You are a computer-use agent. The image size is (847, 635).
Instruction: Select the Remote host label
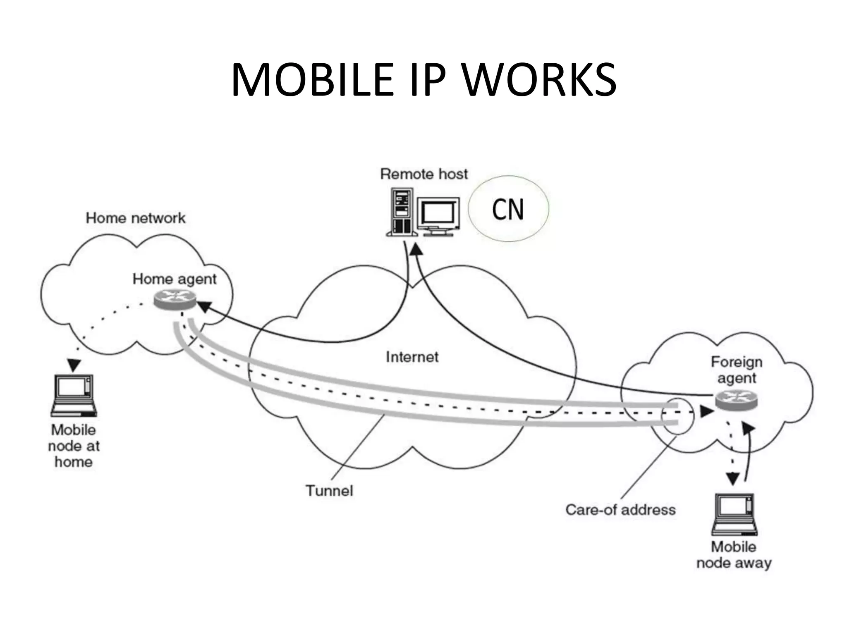[424, 174]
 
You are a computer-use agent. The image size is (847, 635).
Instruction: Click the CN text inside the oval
[508, 209]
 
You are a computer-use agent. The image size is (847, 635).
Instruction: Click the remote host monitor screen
[438, 214]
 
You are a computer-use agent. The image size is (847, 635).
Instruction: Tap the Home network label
[136, 218]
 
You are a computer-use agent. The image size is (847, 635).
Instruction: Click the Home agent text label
[174, 279]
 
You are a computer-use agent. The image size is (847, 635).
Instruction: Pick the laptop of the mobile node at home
[74, 395]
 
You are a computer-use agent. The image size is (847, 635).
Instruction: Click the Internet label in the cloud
[412, 357]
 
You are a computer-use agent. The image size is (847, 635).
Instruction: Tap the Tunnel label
[329, 491]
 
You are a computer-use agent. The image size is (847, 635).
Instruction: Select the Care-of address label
[620, 509]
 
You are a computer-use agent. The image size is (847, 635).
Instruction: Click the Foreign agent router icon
[736, 401]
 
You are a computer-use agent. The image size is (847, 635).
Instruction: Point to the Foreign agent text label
[737, 370]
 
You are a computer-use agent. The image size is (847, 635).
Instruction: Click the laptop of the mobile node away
[735, 514]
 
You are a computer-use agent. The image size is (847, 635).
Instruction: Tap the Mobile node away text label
[734, 555]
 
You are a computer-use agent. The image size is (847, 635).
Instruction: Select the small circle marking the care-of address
[677, 416]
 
